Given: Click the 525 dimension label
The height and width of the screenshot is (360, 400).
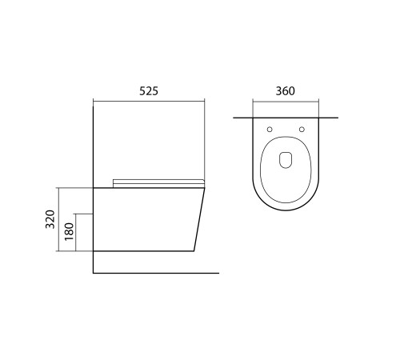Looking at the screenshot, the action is [x=149, y=91].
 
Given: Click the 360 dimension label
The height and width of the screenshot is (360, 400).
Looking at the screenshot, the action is [x=286, y=91].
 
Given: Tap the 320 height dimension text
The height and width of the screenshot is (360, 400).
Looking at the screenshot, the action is [x=50, y=219].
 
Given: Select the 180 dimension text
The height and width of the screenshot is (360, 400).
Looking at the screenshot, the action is [x=69, y=231].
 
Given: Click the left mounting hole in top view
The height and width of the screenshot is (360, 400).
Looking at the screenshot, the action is [x=270, y=130].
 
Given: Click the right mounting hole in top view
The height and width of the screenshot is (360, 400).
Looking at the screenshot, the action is [x=302, y=130].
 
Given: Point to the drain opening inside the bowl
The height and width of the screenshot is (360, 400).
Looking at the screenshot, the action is [x=286, y=160].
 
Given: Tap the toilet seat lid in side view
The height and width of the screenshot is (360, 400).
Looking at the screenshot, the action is [x=158, y=183].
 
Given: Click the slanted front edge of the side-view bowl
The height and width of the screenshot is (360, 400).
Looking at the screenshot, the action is [x=199, y=219].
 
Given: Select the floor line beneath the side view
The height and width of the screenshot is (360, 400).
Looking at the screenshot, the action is [x=156, y=273].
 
